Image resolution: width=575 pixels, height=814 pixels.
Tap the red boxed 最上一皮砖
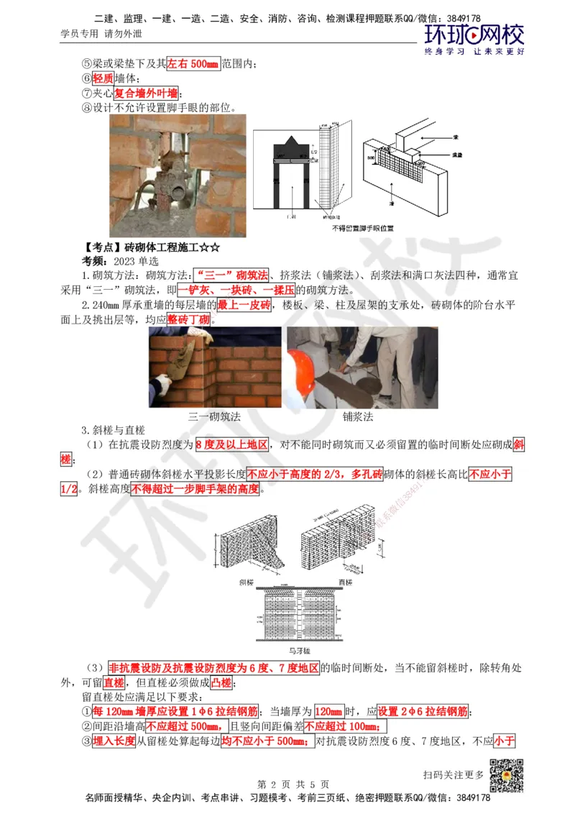point(244,306)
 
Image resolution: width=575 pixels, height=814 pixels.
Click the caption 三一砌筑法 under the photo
point(214,416)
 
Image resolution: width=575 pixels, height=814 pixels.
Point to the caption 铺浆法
point(357,416)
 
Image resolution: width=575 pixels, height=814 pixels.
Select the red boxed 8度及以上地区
point(231,445)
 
